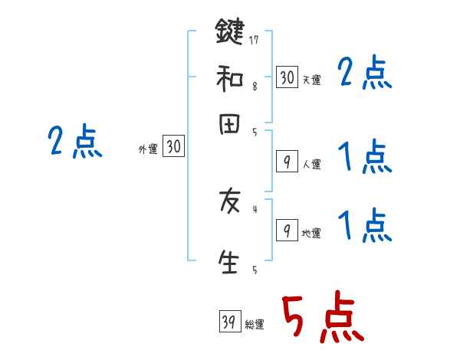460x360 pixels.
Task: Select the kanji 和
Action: coord(228,77)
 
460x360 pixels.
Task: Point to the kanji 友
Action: coord(228,203)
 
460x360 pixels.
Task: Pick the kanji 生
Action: coord(228,260)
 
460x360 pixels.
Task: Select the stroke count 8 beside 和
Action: coord(254,87)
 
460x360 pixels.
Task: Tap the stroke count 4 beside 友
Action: coord(254,208)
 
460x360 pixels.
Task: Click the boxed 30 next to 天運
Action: coord(286,77)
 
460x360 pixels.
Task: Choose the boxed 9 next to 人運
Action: coord(286,162)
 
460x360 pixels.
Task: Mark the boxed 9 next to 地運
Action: coord(286,231)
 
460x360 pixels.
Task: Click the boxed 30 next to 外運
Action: coord(173,147)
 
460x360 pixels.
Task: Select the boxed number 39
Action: coord(229,322)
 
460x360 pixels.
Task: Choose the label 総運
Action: coord(255,325)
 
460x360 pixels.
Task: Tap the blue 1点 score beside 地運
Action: coord(365,225)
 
